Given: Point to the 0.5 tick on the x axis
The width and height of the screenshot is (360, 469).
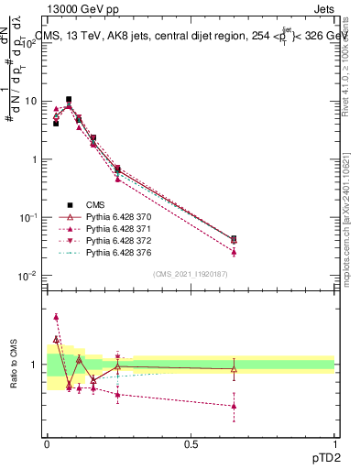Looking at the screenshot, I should (x=191, y=444).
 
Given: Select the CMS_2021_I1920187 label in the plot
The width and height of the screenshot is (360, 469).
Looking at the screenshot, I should (x=191, y=274).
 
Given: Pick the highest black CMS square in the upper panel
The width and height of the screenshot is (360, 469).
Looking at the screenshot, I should (x=69, y=99).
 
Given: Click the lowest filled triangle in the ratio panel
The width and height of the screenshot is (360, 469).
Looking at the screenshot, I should (x=235, y=406).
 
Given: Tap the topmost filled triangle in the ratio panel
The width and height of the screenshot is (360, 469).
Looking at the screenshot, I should (x=56, y=317).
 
